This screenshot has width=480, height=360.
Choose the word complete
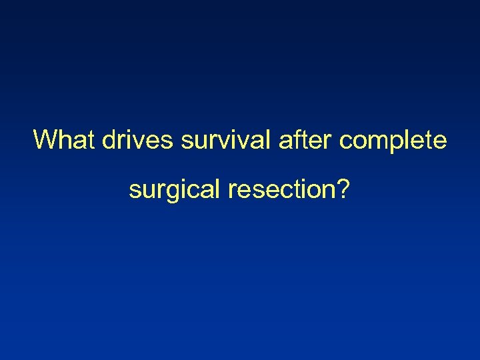point(393,141)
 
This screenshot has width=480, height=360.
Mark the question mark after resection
point(343,190)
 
